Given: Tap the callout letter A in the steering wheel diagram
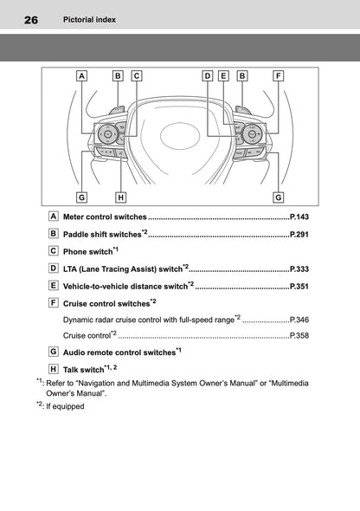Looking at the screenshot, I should click(x=81, y=76).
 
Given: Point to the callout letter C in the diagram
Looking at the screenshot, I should click(x=137, y=76).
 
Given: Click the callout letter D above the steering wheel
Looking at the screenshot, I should click(x=208, y=76).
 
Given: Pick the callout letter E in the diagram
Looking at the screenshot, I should click(x=223, y=76).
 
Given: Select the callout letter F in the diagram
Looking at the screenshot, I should click(x=278, y=76).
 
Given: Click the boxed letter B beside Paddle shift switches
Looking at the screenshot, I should click(x=55, y=234).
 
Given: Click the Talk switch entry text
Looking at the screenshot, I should click(x=87, y=370).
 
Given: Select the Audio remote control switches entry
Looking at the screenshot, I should click(x=119, y=353).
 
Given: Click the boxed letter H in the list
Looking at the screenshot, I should click(x=55, y=370).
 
